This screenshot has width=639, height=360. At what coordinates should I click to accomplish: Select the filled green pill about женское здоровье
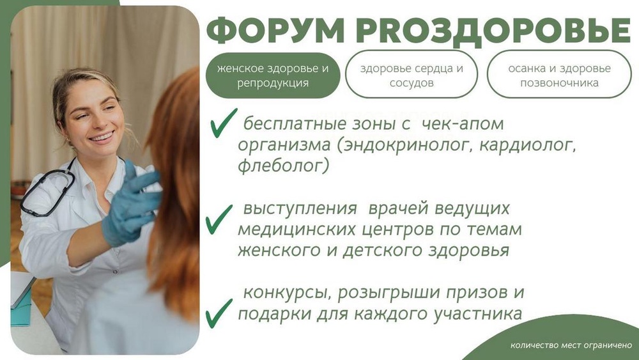[x=272, y=75]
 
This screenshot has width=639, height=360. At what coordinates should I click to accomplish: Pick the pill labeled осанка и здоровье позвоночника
[x=558, y=75]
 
